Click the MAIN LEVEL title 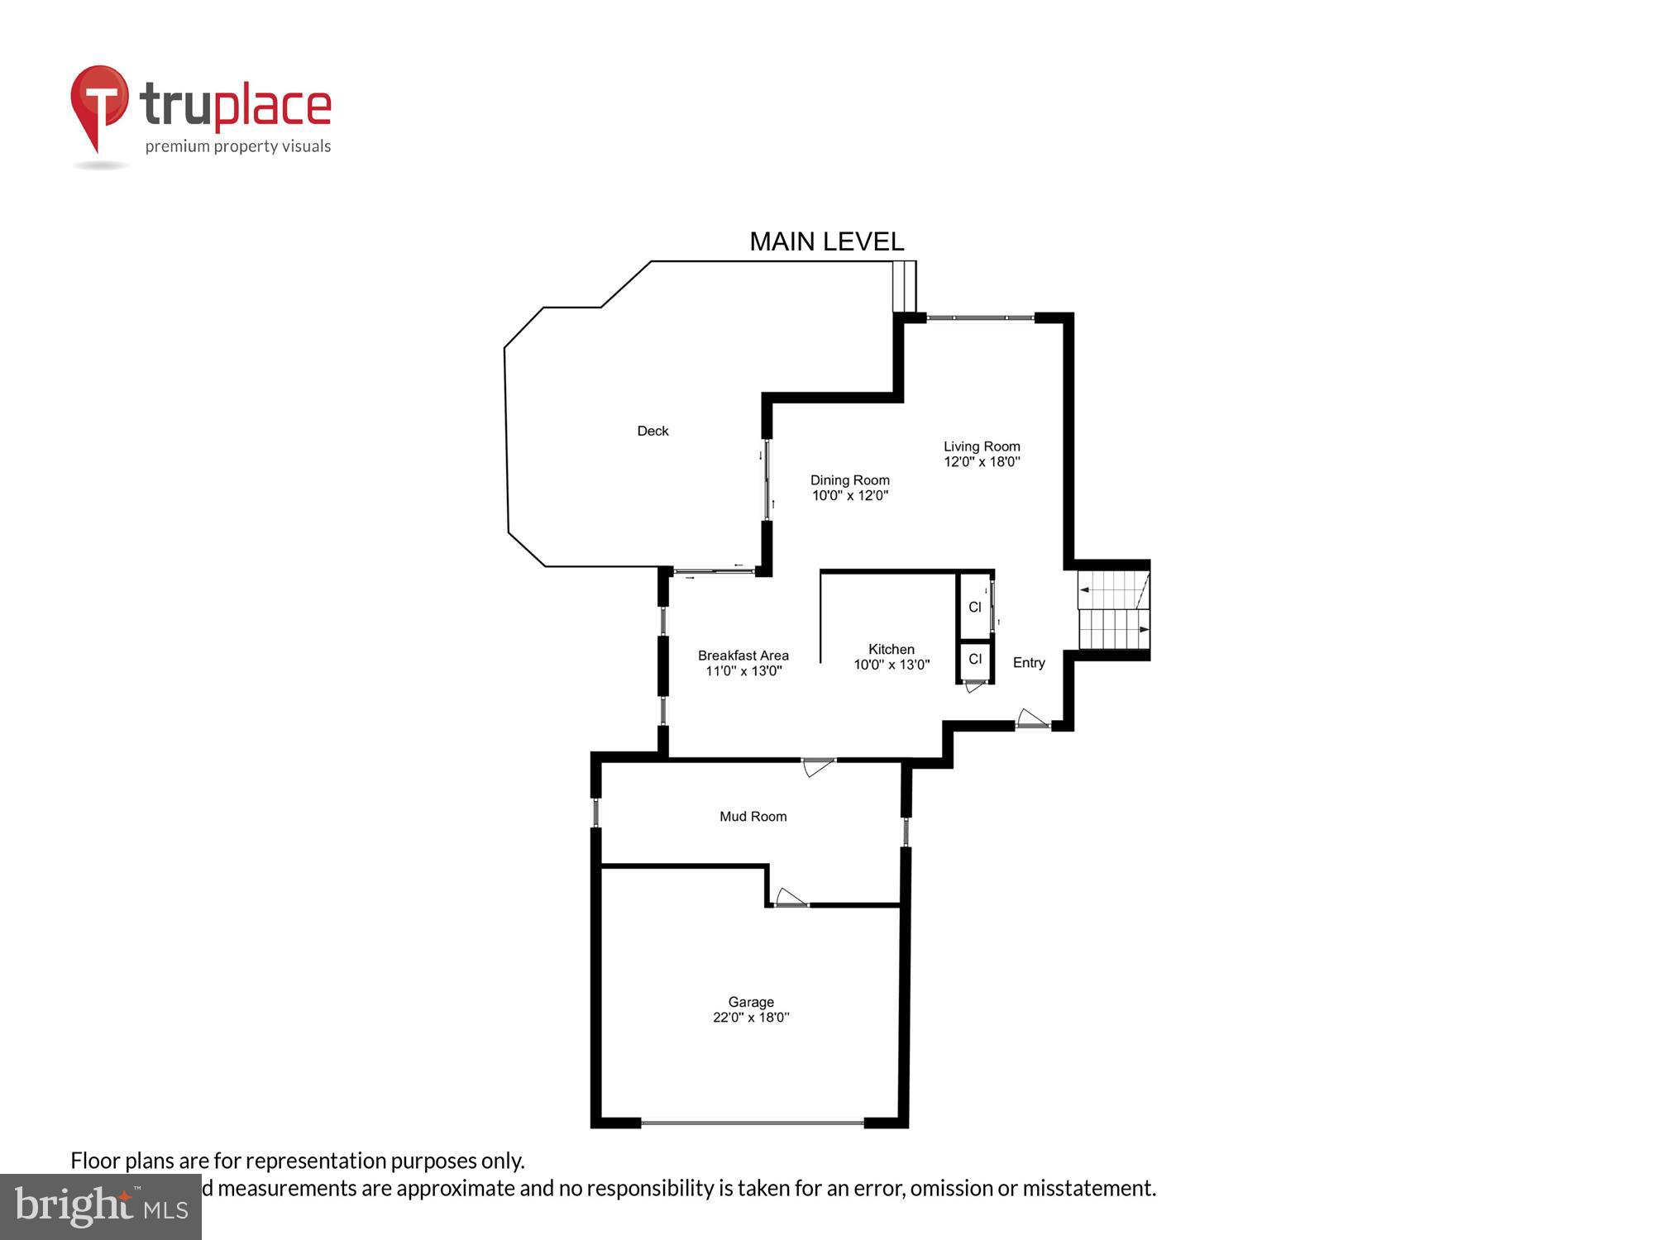click(x=826, y=241)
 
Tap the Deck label click(x=653, y=431)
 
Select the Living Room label click(x=982, y=446)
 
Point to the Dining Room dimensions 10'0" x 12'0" click(x=850, y=496)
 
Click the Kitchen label click(x=892, y=649)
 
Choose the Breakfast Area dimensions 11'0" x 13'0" click(x=743, y=671)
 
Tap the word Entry click(x=1029, y=663)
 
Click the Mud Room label click(x=753, y=817)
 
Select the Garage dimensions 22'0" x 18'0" click(x=751, y=1018)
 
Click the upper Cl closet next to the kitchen click(x=975, y=607)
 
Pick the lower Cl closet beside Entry click(x=975, y=659)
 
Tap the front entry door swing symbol click(x=1031, y=719)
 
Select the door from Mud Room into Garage click(x=791, y=899)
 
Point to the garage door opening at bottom click(x=753, y=1123)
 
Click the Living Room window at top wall click(x=980, y=317)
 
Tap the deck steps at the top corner click(x=905, y=286)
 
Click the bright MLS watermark click(x=100, y=1207)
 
